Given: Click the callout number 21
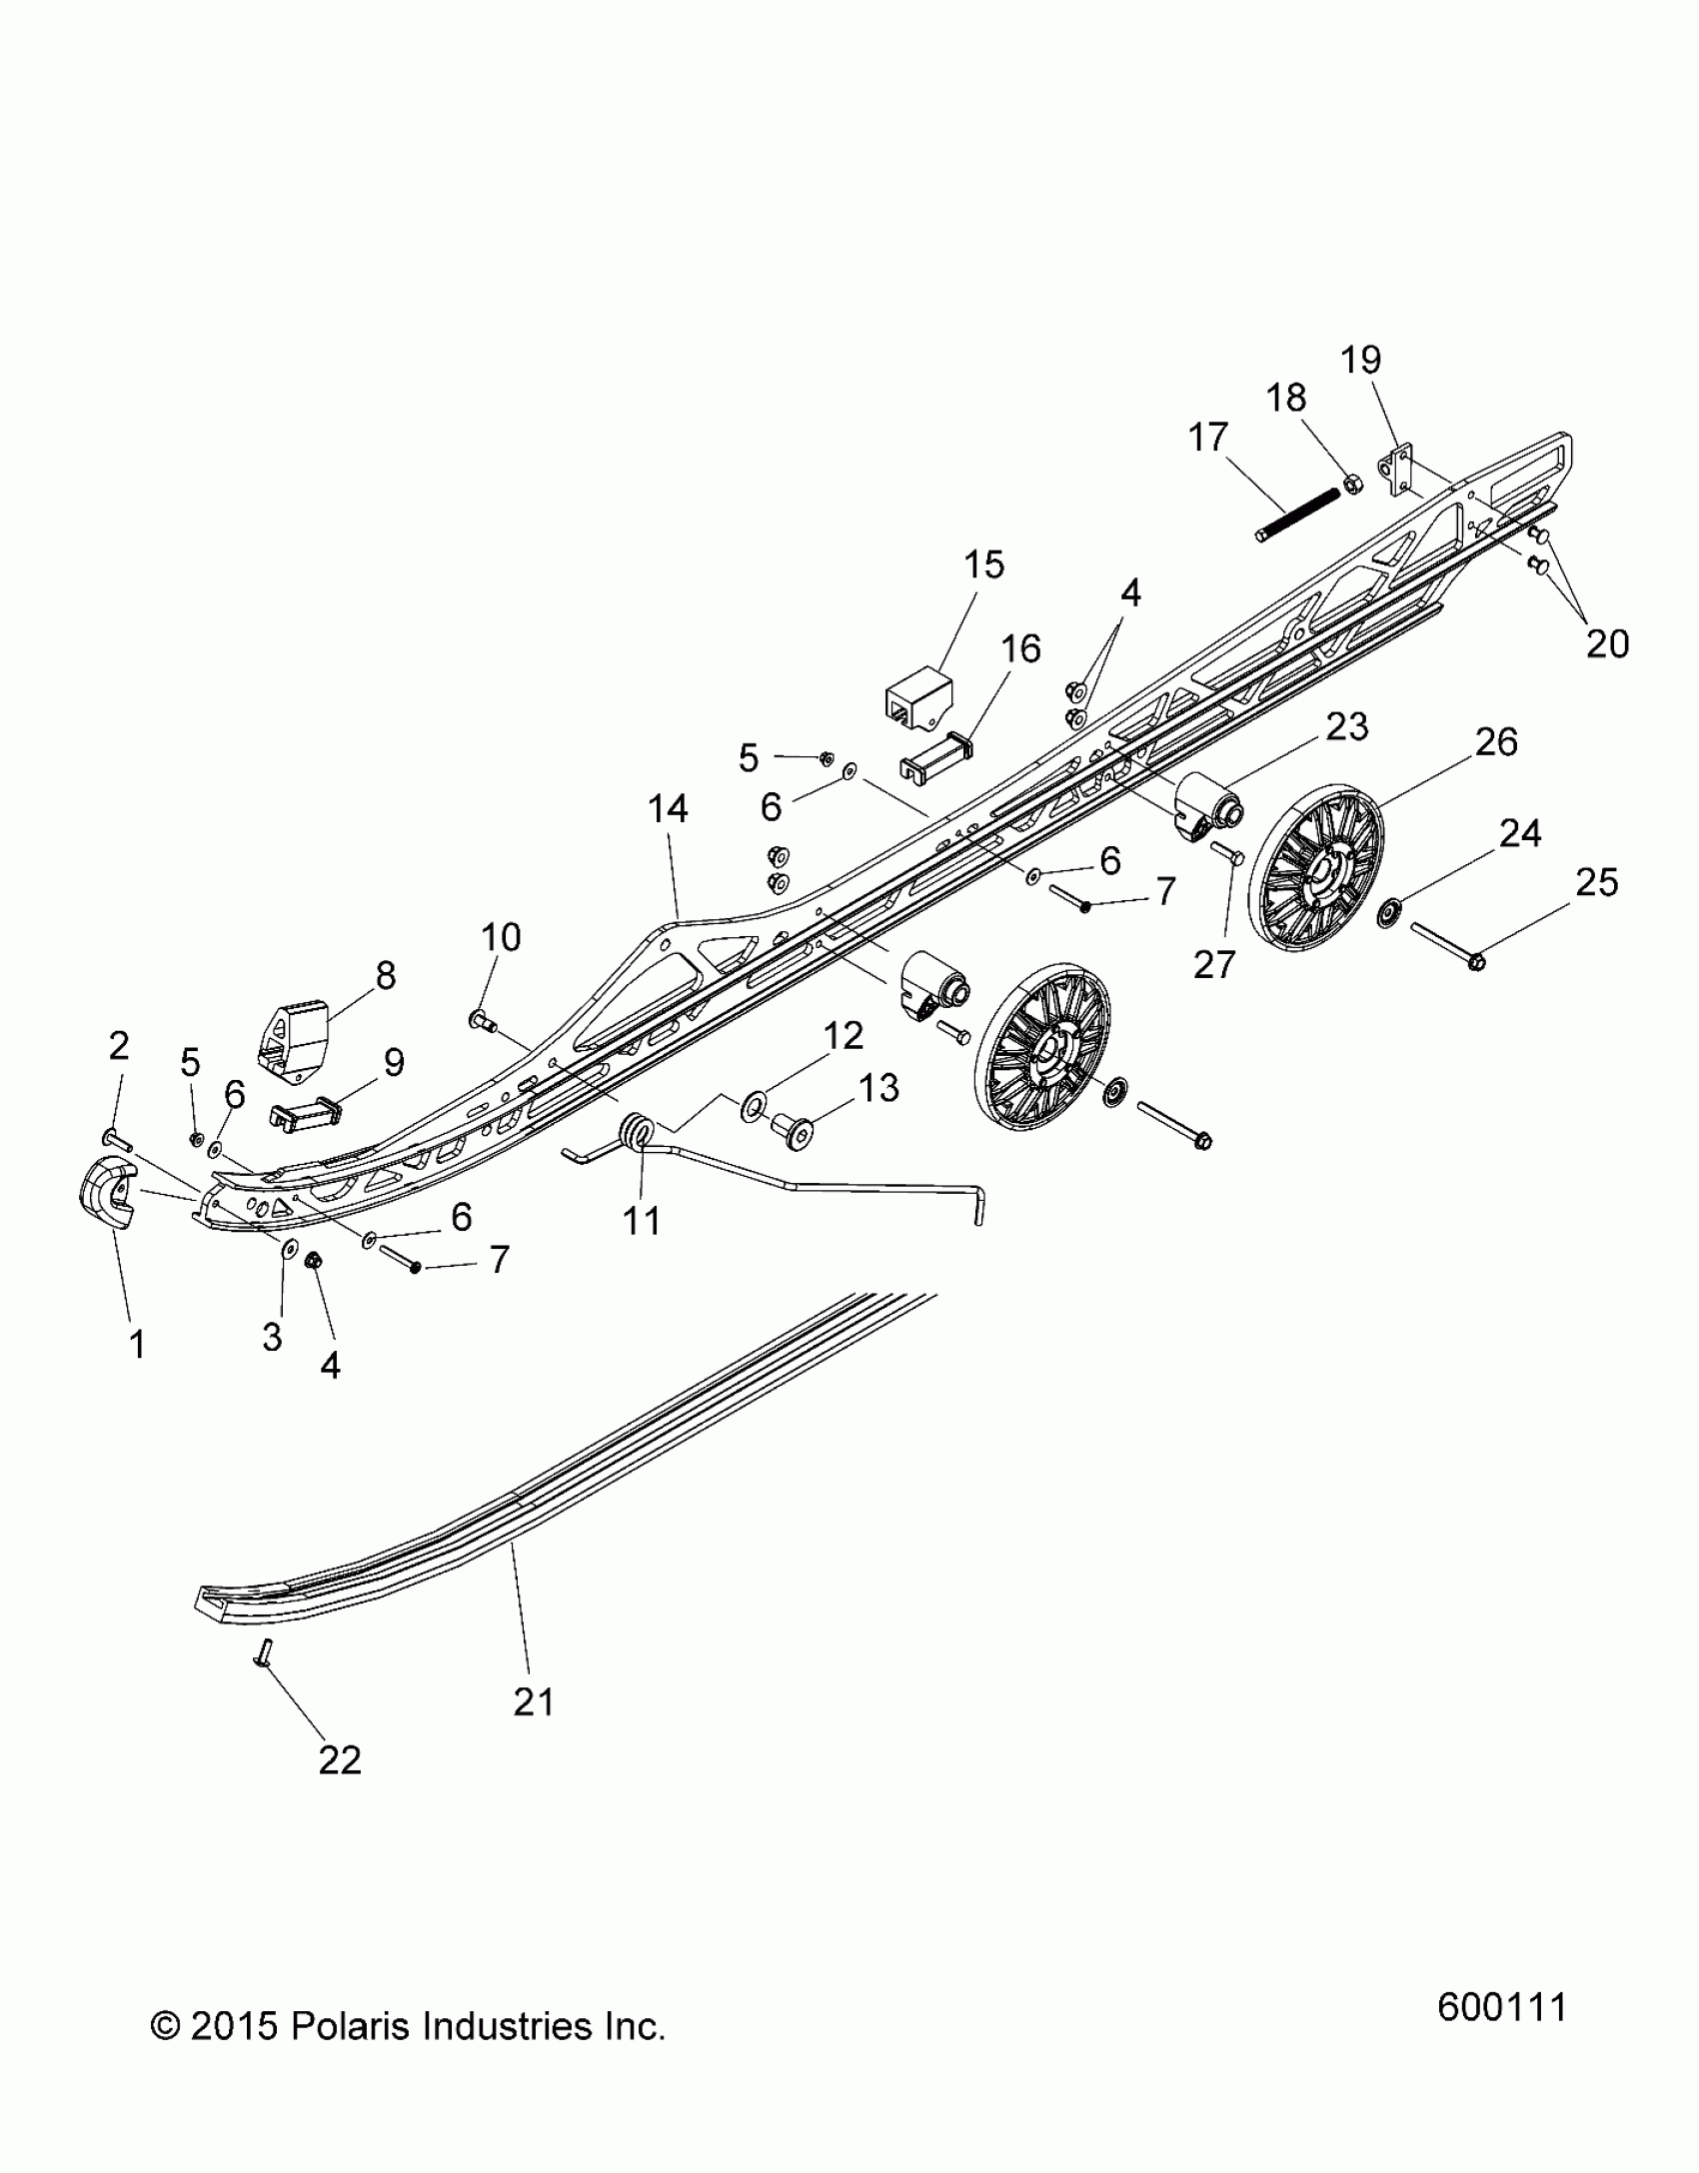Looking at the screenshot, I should [x=534, y=1700].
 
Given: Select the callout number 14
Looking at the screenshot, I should [x=668, y=808].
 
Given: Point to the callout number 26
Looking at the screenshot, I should [x=1496, y=741].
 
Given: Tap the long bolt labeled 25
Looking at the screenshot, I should [x=1443, y=945].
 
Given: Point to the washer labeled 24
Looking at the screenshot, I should [x=1387, y=912].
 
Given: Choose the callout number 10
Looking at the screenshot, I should [x=501, y=937].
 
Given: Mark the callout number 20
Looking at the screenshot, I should [x=1607, y=643].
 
